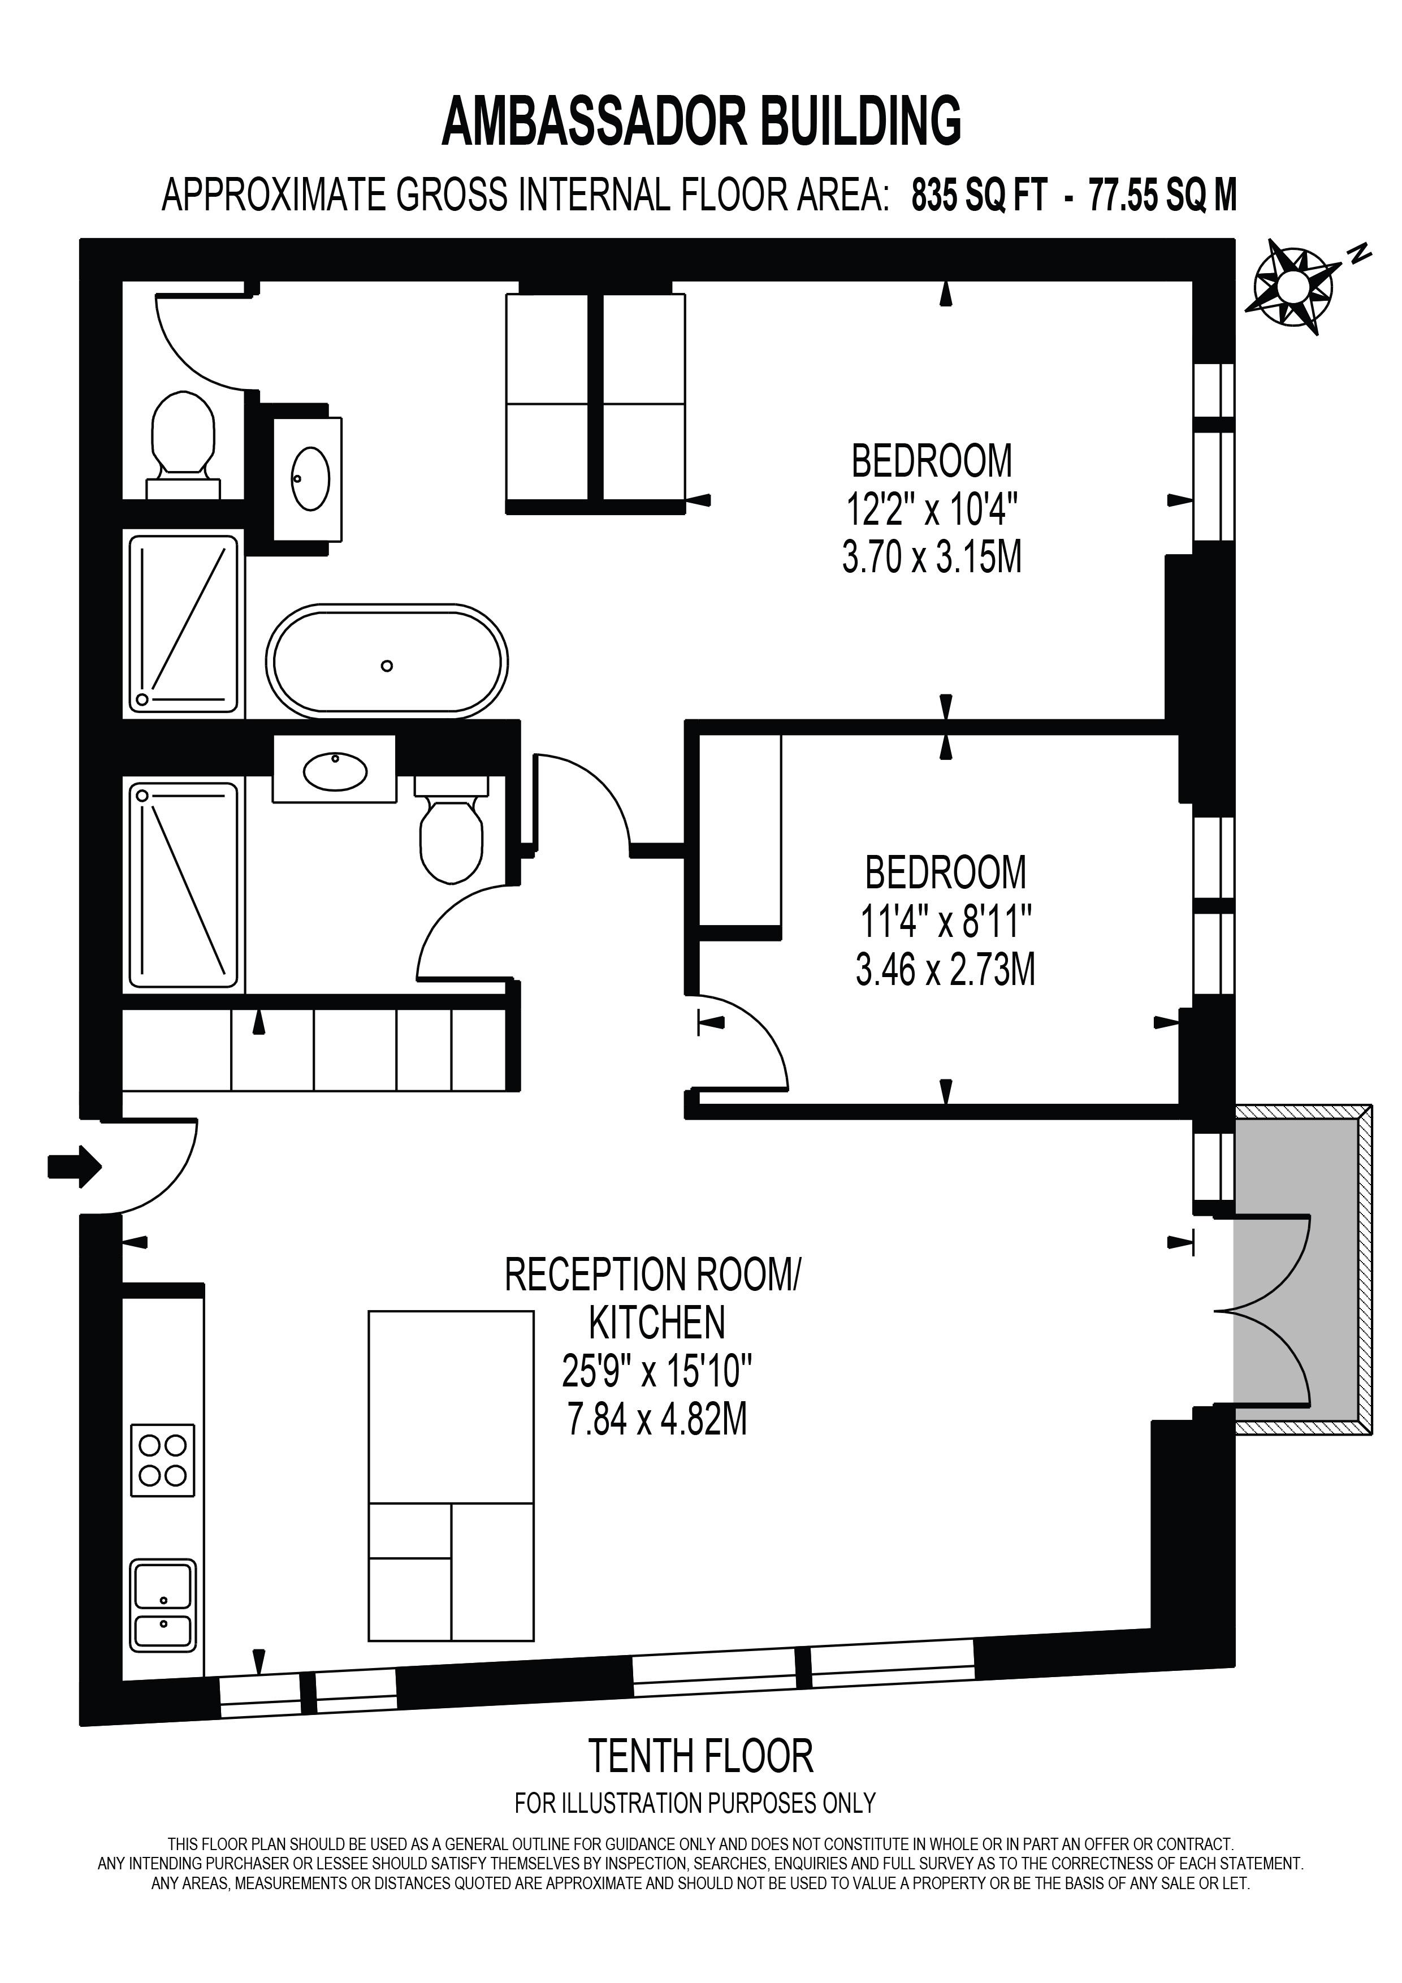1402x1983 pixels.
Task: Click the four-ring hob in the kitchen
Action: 162,1461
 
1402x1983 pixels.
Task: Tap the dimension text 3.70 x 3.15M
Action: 932,557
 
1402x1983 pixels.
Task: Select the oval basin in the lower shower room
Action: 335,771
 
